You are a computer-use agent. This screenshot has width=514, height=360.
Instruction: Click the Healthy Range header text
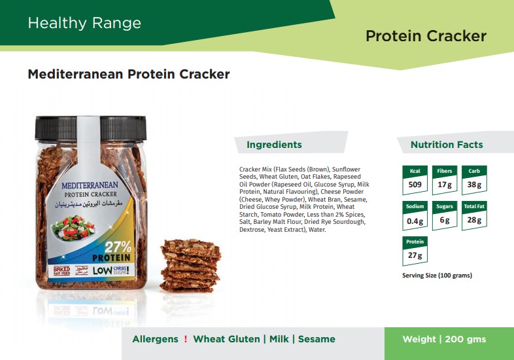click(84, 24)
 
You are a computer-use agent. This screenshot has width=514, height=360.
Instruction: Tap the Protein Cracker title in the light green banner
click(426, 36)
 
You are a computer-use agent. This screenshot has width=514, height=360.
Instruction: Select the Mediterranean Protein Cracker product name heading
click(129, 74)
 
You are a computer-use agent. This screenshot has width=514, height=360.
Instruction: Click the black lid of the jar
click(90, 128)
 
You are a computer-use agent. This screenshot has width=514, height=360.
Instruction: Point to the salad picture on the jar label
click(74, 228)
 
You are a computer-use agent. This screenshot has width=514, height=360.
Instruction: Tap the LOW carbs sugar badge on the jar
click(111, 270)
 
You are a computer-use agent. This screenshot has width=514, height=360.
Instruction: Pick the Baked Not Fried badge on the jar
click(61, 271)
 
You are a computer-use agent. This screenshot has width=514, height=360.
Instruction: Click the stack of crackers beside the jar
click(190, 266)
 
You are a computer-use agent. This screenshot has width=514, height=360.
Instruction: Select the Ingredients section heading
click(274, 145)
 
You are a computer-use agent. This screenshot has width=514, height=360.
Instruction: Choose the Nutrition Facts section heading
click(447, 145)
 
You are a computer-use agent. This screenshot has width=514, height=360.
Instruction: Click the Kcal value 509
click(415, 185)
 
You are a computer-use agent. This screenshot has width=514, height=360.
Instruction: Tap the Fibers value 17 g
click(445, 185)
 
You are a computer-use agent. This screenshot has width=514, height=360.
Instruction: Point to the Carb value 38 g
click(474, 185)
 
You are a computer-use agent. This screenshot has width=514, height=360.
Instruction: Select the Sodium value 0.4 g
click(415, 221)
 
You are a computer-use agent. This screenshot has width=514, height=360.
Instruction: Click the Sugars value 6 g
click(445, 220)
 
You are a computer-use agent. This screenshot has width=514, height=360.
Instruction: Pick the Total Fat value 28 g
click(474, 220)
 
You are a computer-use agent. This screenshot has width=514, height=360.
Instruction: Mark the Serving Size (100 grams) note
click(437, 276)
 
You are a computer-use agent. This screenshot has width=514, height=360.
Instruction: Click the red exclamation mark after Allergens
click(186, 339)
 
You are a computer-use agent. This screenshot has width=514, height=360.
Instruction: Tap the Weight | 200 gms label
click(444, 339)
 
